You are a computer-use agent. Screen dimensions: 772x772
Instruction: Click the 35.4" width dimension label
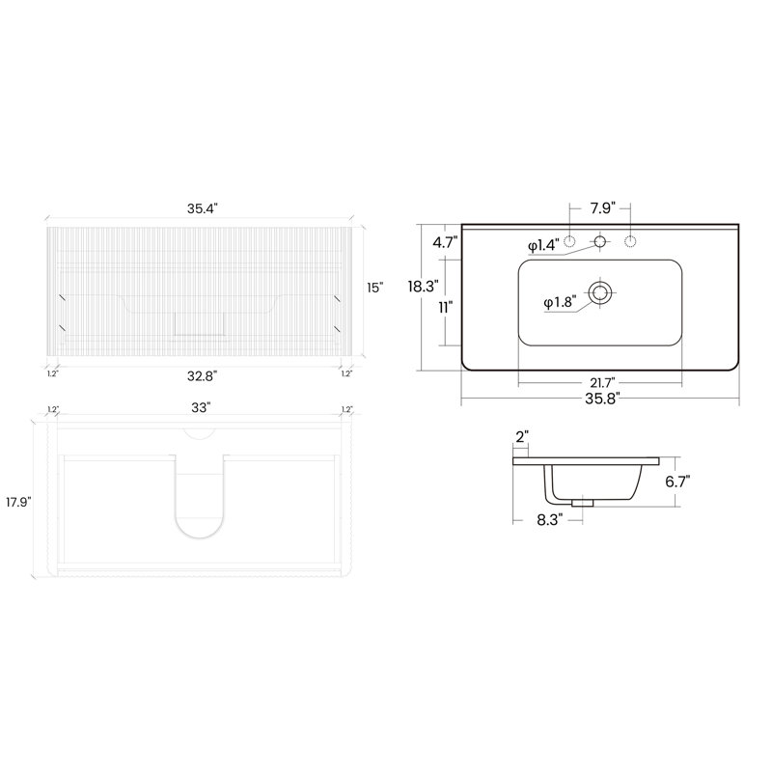click(x=202, y=208)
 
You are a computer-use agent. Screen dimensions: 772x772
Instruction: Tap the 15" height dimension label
click(x=374, y=288)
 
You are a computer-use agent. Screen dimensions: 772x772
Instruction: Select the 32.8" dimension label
click(x=202, y=376)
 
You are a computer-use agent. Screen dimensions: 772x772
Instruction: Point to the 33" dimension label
click(x=201, y=407)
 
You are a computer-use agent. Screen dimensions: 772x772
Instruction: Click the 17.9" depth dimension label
click(x=18, y=502)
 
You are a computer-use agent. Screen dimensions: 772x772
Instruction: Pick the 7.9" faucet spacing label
click(x=603, y=208)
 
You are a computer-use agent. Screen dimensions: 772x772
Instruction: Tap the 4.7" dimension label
click(x=445, y=242)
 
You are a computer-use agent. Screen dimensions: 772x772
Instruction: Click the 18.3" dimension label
click(x=423, y=286)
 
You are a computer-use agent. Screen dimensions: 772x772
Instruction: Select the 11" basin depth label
click(x=446, y=308)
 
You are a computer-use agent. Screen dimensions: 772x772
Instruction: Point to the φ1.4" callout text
click(x=543, y=245)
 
